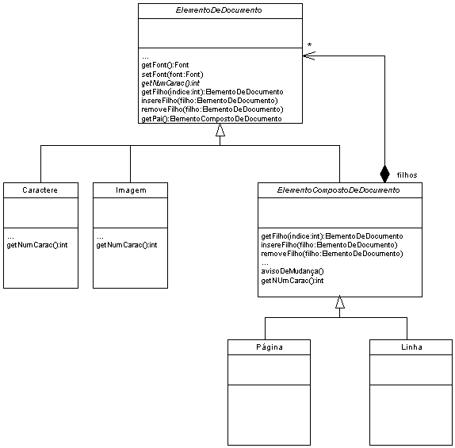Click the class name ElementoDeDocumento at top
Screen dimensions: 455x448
(x=219, y=10)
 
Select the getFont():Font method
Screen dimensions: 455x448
(x=165, y=65)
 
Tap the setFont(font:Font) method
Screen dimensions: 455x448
(x=172, y=75)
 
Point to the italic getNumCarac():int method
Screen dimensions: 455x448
(x=170, y=83)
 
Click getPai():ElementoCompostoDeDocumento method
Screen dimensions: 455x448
(x=212, y=119)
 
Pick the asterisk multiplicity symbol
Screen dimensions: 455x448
(x=310, y=45)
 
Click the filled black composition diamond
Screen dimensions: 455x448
(x=384, y=174)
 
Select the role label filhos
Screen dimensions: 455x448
(x=407, y=175)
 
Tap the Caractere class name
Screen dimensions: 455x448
(x=40, y=190)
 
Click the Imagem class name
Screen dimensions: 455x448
(x=131, y=190)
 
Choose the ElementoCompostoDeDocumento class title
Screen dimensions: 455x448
(x=338, y=190)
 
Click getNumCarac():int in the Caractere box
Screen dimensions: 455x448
(x=37, y=245)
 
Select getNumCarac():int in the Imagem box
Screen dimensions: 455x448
(x=127, y=245)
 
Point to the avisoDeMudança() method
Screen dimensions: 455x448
(x=292, y=271)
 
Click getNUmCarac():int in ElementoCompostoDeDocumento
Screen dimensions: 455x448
(x=292, y=281)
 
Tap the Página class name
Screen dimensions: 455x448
(x=270, y=347)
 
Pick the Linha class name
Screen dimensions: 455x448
(x=411, y=347)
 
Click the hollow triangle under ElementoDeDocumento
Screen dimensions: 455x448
(x=220, y=130)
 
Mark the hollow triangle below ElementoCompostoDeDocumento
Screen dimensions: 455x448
(x=340, y=302)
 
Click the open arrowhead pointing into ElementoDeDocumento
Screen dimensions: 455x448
(x=309, y=56)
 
